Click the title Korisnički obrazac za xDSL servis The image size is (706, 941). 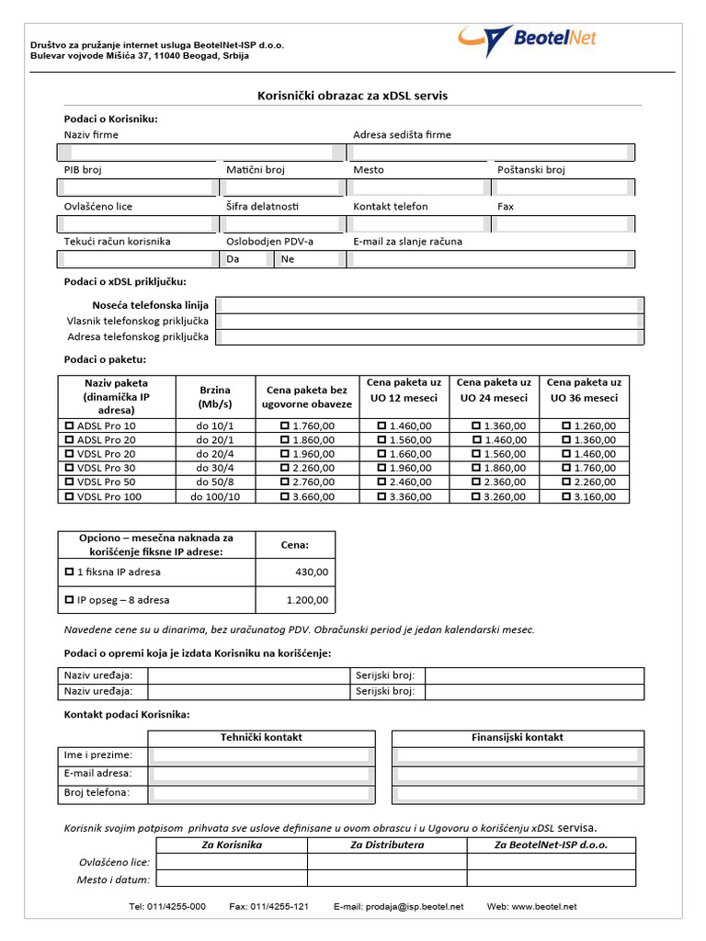(x=352, y=96)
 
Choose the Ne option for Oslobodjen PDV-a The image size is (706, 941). (x=288, y=259)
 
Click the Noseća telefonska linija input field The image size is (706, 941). (x=430, y=305)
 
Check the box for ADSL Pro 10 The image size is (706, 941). (x=69, y=426)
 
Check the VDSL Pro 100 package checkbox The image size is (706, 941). (x=69, y=497)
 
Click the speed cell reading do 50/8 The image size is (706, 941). (x=215, y=482)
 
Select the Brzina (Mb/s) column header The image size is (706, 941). (x=215, y=396)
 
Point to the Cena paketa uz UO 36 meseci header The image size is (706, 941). (x=584, y=390)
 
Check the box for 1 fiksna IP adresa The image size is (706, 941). (x=69, y=572)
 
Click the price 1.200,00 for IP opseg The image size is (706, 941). (x=307, y=600)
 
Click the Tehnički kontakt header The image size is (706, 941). (x=261, y=737)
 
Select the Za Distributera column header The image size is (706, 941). (x=387, y=845)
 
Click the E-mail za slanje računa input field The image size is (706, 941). (x=492, y=259)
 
